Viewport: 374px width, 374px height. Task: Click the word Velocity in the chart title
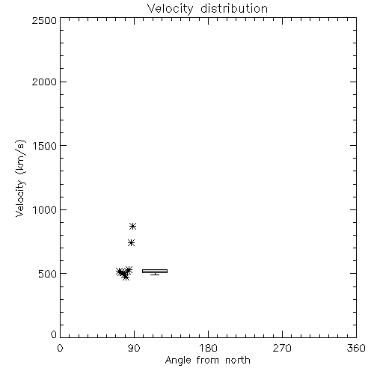pos(170,9)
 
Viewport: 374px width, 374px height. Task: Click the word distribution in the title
pos(234,8)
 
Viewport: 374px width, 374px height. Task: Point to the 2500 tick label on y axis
pos(44,20)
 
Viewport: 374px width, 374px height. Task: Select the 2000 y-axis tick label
pos(44,82)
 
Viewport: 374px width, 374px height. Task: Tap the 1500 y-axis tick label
pos(45,146)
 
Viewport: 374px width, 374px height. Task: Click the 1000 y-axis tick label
pos(45,210)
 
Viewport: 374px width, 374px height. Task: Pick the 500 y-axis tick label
pos(48,274)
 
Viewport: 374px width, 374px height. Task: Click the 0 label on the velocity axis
pos(54,334)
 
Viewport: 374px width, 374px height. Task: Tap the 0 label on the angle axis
pos(60,348)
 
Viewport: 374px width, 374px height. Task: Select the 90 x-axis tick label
pos(134,348)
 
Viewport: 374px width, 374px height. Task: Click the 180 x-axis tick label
pos(208,348)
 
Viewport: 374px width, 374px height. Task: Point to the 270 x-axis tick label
pos(282,348)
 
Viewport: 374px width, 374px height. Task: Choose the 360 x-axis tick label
pos(356,348)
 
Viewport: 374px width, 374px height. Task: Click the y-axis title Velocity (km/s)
pos(20,178)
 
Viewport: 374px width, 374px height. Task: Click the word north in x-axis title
pos(238,361)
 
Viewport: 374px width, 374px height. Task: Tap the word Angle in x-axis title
pos(178,361)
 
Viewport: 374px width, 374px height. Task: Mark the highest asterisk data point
pos(132,227)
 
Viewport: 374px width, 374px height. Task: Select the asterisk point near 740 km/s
pos(131,242)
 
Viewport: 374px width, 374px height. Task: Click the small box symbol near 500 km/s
pos(155,271)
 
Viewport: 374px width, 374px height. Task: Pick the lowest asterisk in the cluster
pos(126,277)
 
